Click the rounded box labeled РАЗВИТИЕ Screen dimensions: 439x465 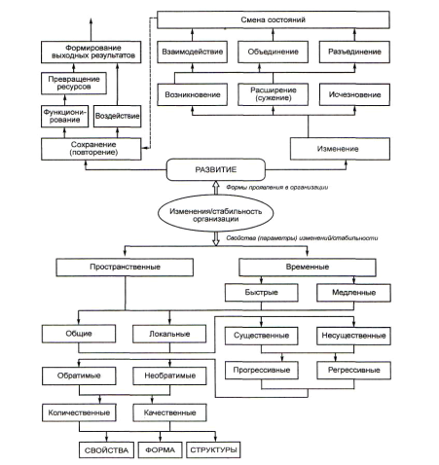point(216,169)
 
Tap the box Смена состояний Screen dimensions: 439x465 point(274,19)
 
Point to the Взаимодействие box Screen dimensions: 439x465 point(192,52)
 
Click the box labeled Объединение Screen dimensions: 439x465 point(273,52)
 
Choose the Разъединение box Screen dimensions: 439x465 point(354,52)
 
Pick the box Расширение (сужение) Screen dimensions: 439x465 point(273,94)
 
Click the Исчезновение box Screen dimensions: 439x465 point(354,94)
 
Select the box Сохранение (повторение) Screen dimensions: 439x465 point(91,149)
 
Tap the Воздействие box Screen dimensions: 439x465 point(117,116)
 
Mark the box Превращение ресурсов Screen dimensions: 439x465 point(74,83)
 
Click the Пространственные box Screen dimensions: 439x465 point(125,268)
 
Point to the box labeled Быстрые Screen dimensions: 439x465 point(262,293)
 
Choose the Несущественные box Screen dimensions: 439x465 point(353,336)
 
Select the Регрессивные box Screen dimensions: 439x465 point(353,370)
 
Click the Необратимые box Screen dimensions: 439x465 point(169,376)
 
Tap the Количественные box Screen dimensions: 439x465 point(79,412)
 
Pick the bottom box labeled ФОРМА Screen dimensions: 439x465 point(160,449)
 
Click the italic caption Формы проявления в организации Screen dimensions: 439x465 point(277,188)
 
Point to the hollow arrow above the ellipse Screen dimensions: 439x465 point(215,188)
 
